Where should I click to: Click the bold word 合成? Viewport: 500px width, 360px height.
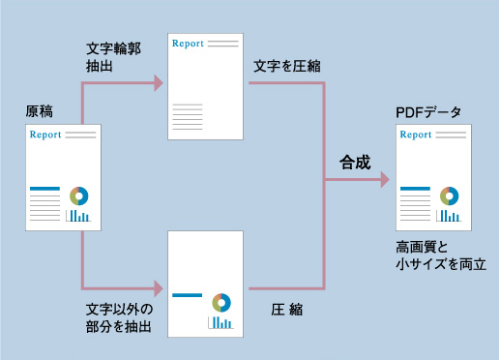click(354, 162)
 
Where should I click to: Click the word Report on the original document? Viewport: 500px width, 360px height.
click(45, 135)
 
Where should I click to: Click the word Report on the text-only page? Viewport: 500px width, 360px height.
click(188, 44)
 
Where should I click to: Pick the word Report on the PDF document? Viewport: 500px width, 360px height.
click(415, 135)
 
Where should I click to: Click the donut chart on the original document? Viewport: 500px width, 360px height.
click(78, 195)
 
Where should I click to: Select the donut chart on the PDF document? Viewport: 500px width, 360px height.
click(448, 195)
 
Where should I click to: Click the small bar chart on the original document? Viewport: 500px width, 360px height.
click(78, 217)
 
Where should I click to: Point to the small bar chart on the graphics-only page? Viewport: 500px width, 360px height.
click(221, 321)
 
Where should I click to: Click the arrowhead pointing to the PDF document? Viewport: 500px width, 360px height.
click(386, 180)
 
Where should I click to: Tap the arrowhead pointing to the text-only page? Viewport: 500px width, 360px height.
click(157, 84)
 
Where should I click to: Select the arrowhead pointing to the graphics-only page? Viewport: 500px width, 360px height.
click(157, 287)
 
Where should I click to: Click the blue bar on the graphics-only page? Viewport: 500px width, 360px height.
click(187, 295)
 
